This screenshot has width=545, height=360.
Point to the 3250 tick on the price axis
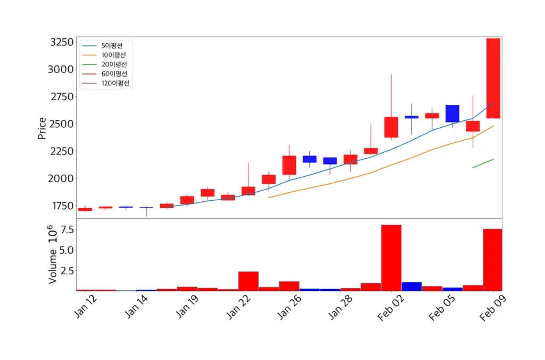(59, 42)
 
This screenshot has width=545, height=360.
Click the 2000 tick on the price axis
(59, 178)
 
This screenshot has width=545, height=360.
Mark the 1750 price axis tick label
(59, 206)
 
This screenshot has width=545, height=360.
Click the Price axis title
(42, 128)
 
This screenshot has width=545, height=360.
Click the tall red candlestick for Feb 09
(493, 78)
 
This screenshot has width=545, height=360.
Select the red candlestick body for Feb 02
(391, 127)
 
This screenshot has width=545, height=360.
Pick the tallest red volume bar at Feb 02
(391, 258)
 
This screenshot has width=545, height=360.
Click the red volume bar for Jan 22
(248, 281)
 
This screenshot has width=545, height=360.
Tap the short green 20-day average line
(483, 163)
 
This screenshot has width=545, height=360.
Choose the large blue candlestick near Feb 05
(452, 113)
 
